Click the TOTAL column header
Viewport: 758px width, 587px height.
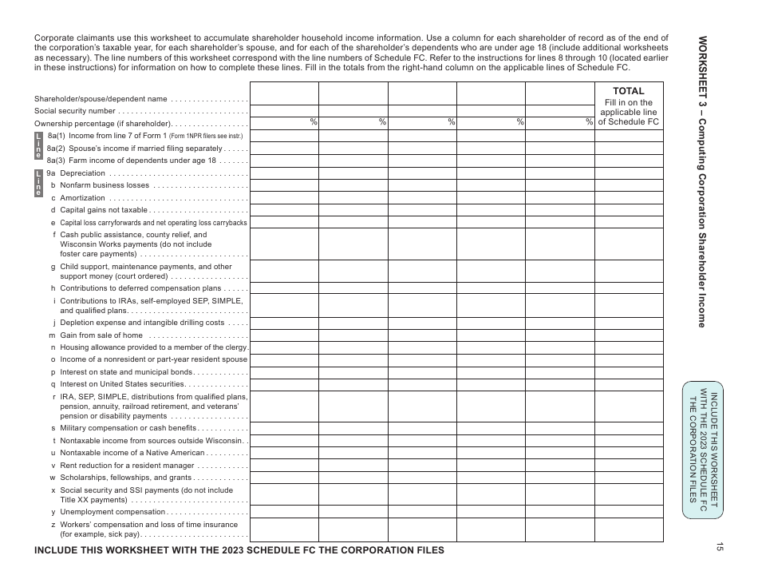tap(628, 91)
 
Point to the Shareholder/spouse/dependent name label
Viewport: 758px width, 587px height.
tap(101, 99)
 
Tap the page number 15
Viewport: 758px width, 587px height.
tap(719, 547)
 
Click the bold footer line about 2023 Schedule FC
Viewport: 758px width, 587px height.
tap(239, 550)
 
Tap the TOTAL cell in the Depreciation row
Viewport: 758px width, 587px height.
tap(628, 173)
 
